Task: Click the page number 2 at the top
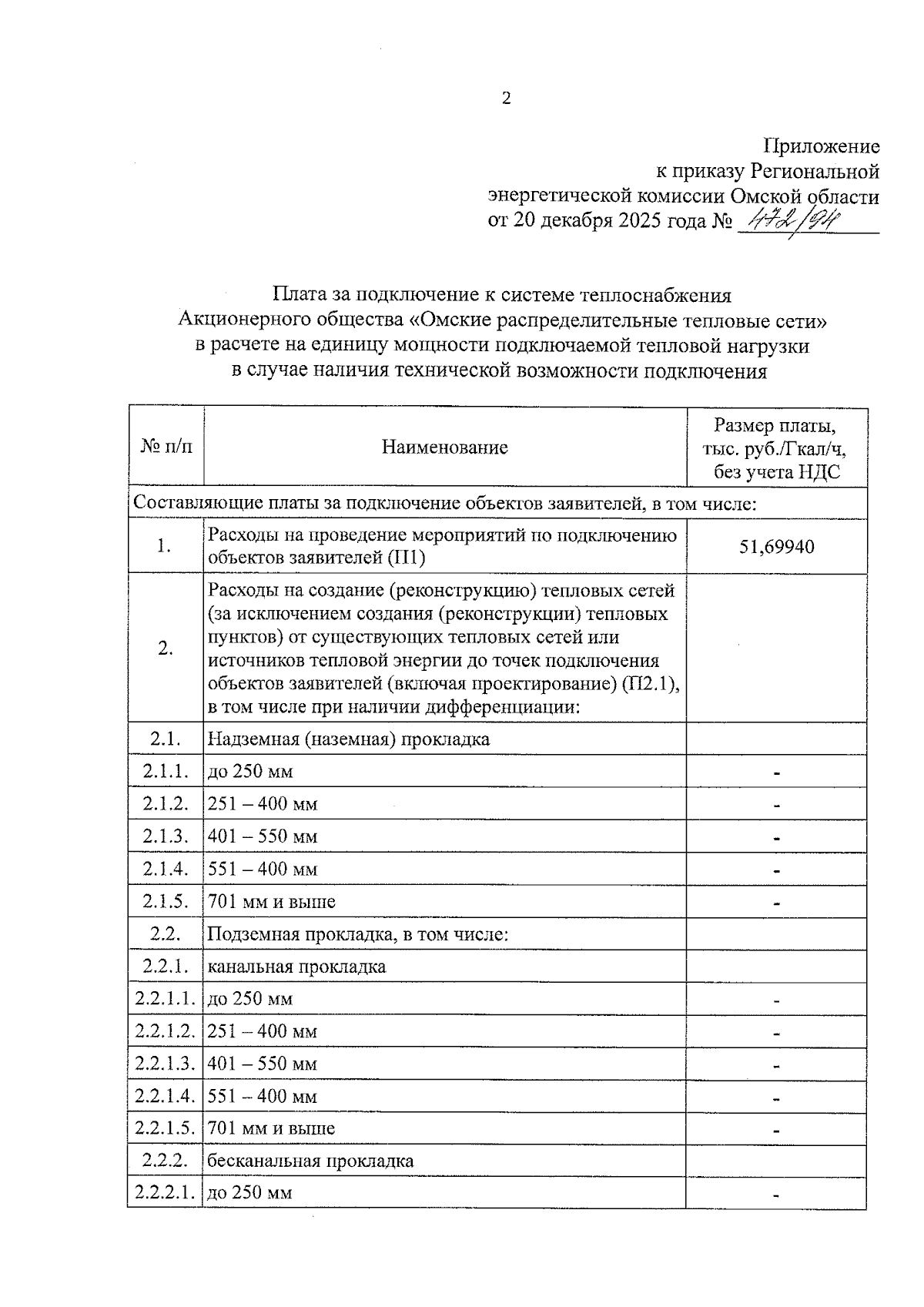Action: (x=506, y=99)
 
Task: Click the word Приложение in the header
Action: (x=821, y=146)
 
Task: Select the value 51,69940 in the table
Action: (x=777, y=547)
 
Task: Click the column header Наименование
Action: (x=445, y=447)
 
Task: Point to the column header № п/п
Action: (x=166, y=447)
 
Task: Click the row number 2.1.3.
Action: (x=166, y=836)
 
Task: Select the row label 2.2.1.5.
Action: (x=166, y=1129)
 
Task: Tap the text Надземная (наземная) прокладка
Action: (x=349, y=739)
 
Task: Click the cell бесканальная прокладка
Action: (x=310, y=1161)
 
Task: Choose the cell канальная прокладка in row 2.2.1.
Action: (x=296, y=967)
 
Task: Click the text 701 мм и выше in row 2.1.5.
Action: (x=272, y=902)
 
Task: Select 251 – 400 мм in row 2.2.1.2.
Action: (x=263, y=1031)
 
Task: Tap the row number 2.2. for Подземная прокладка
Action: (x=166, y=934)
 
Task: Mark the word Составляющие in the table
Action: (x=189, y=504)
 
